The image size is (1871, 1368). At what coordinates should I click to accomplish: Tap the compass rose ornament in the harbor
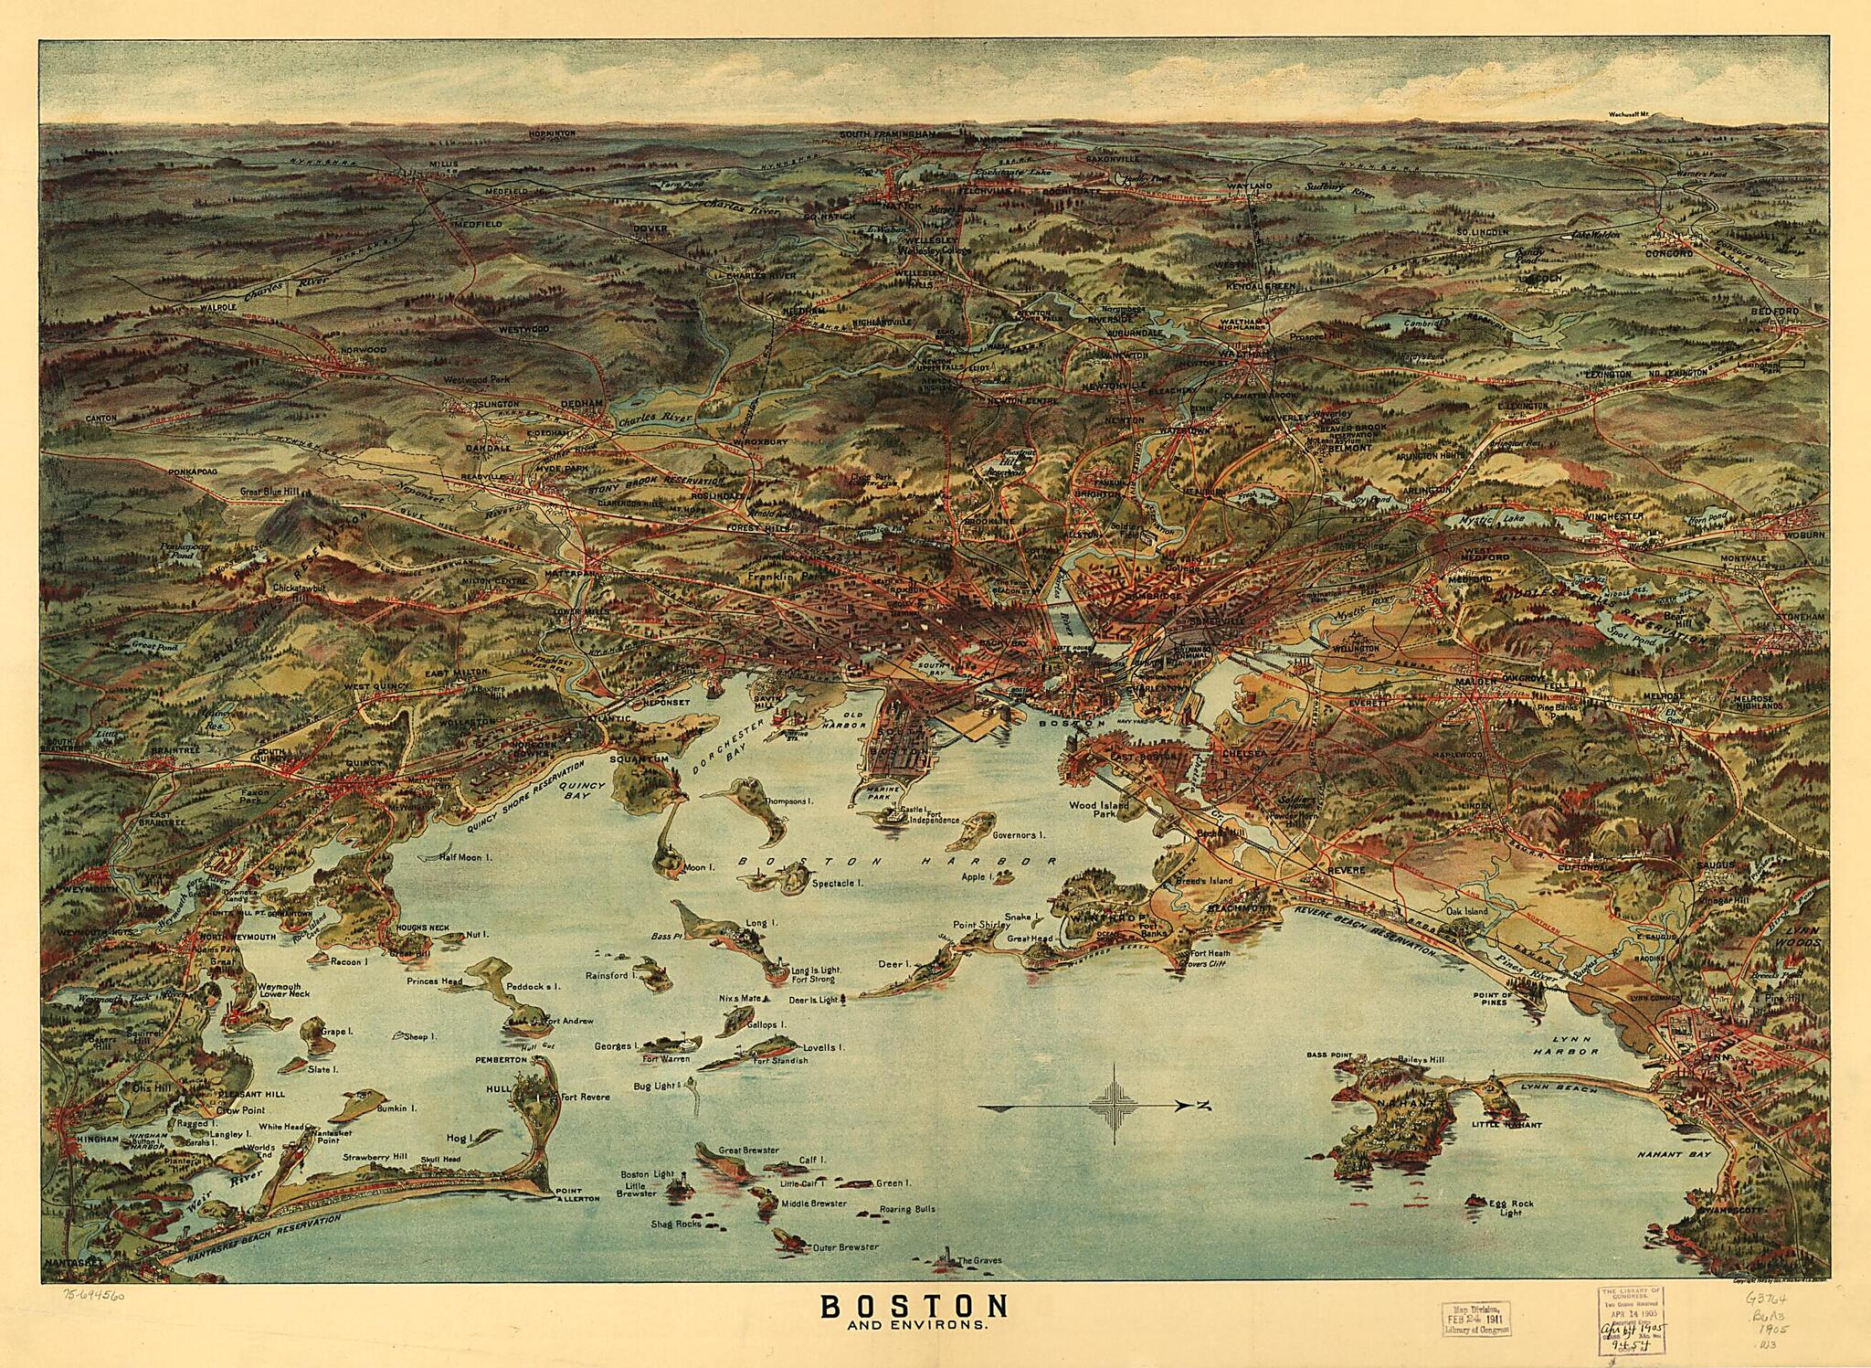pyautogui.click(x=1116, y=1107)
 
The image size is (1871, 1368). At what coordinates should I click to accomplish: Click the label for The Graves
pyautogui.click(x=980, y=1260)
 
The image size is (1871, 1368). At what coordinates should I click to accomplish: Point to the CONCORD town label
pyautogui.click(x=1670, y=252)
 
